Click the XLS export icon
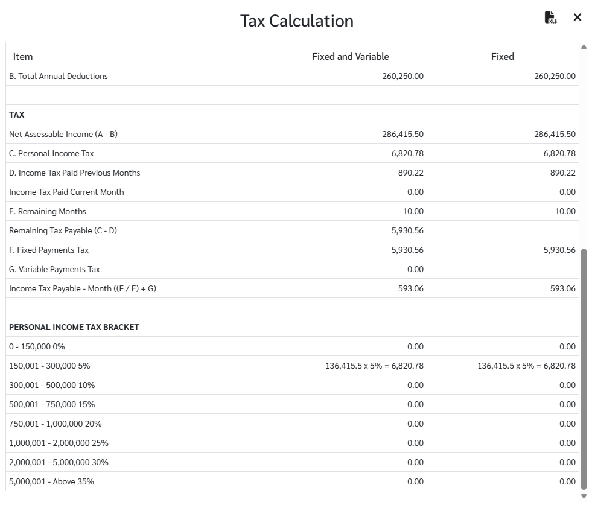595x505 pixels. (x=550, y=17)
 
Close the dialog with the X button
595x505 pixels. (x=577, y=17)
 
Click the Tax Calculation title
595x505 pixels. (x=297, y=21)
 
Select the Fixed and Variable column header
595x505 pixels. (x=350, y=56)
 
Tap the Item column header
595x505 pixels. (x=23, y=56)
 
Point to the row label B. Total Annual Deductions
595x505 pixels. (x=59, y=76)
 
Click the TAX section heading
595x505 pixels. (x=17, y=115)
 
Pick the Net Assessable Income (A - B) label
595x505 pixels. (x=63, y=134)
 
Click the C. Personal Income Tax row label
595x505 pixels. (x=51, y=153)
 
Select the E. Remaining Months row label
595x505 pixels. (x=48, y=211)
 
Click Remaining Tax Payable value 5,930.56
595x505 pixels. (x=407, y=230)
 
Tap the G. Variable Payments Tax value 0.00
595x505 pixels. (x=415, y=269)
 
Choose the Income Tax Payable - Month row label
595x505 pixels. (x=83, y=288)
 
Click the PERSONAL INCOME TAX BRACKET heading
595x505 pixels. (x=74, y=327)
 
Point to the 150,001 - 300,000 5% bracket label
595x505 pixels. (x=49, y=366)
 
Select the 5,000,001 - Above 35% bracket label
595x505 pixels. (x=52, y=481)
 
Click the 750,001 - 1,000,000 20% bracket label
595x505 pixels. (x=56, y=424)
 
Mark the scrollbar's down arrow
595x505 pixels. (x=584, y=496)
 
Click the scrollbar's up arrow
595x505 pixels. (x=584, y=46)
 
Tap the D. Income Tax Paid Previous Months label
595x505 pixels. (x=75, y=173)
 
